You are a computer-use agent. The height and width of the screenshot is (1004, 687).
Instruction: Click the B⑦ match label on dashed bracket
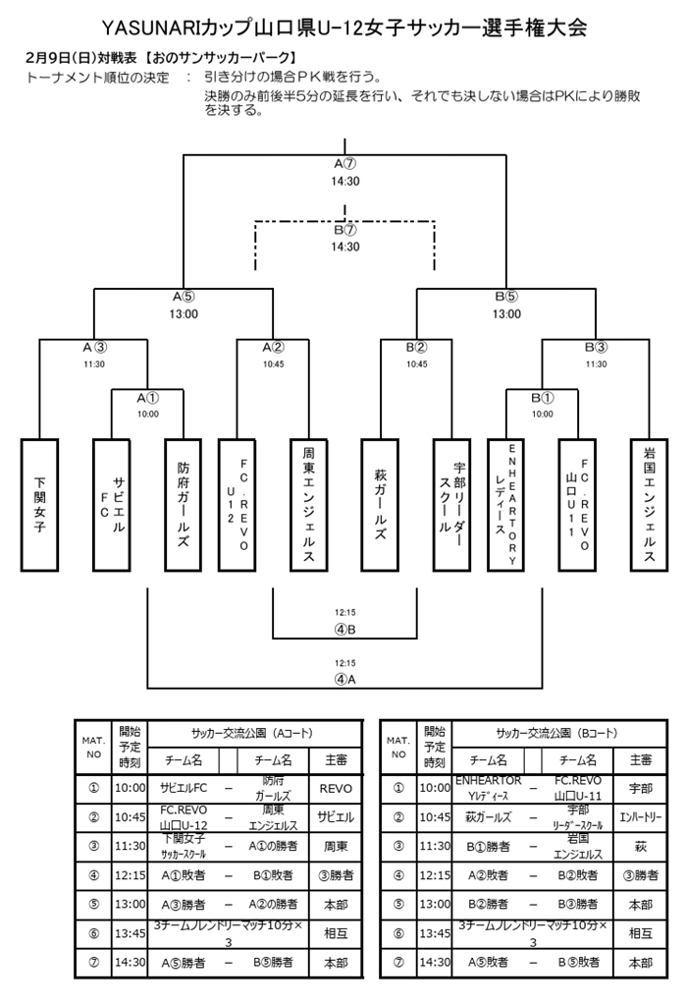(344, 229)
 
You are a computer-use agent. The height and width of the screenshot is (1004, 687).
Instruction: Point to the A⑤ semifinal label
(184, 296)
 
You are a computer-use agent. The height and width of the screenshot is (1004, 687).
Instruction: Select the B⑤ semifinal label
(506, 296)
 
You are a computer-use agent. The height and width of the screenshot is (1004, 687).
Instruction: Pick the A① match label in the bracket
(147, 398)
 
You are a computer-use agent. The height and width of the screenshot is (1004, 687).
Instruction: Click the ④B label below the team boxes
(344, 630)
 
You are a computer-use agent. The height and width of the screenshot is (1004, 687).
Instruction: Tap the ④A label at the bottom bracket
(344, 678)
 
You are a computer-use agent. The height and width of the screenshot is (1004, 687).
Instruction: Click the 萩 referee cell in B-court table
(640, 845)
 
